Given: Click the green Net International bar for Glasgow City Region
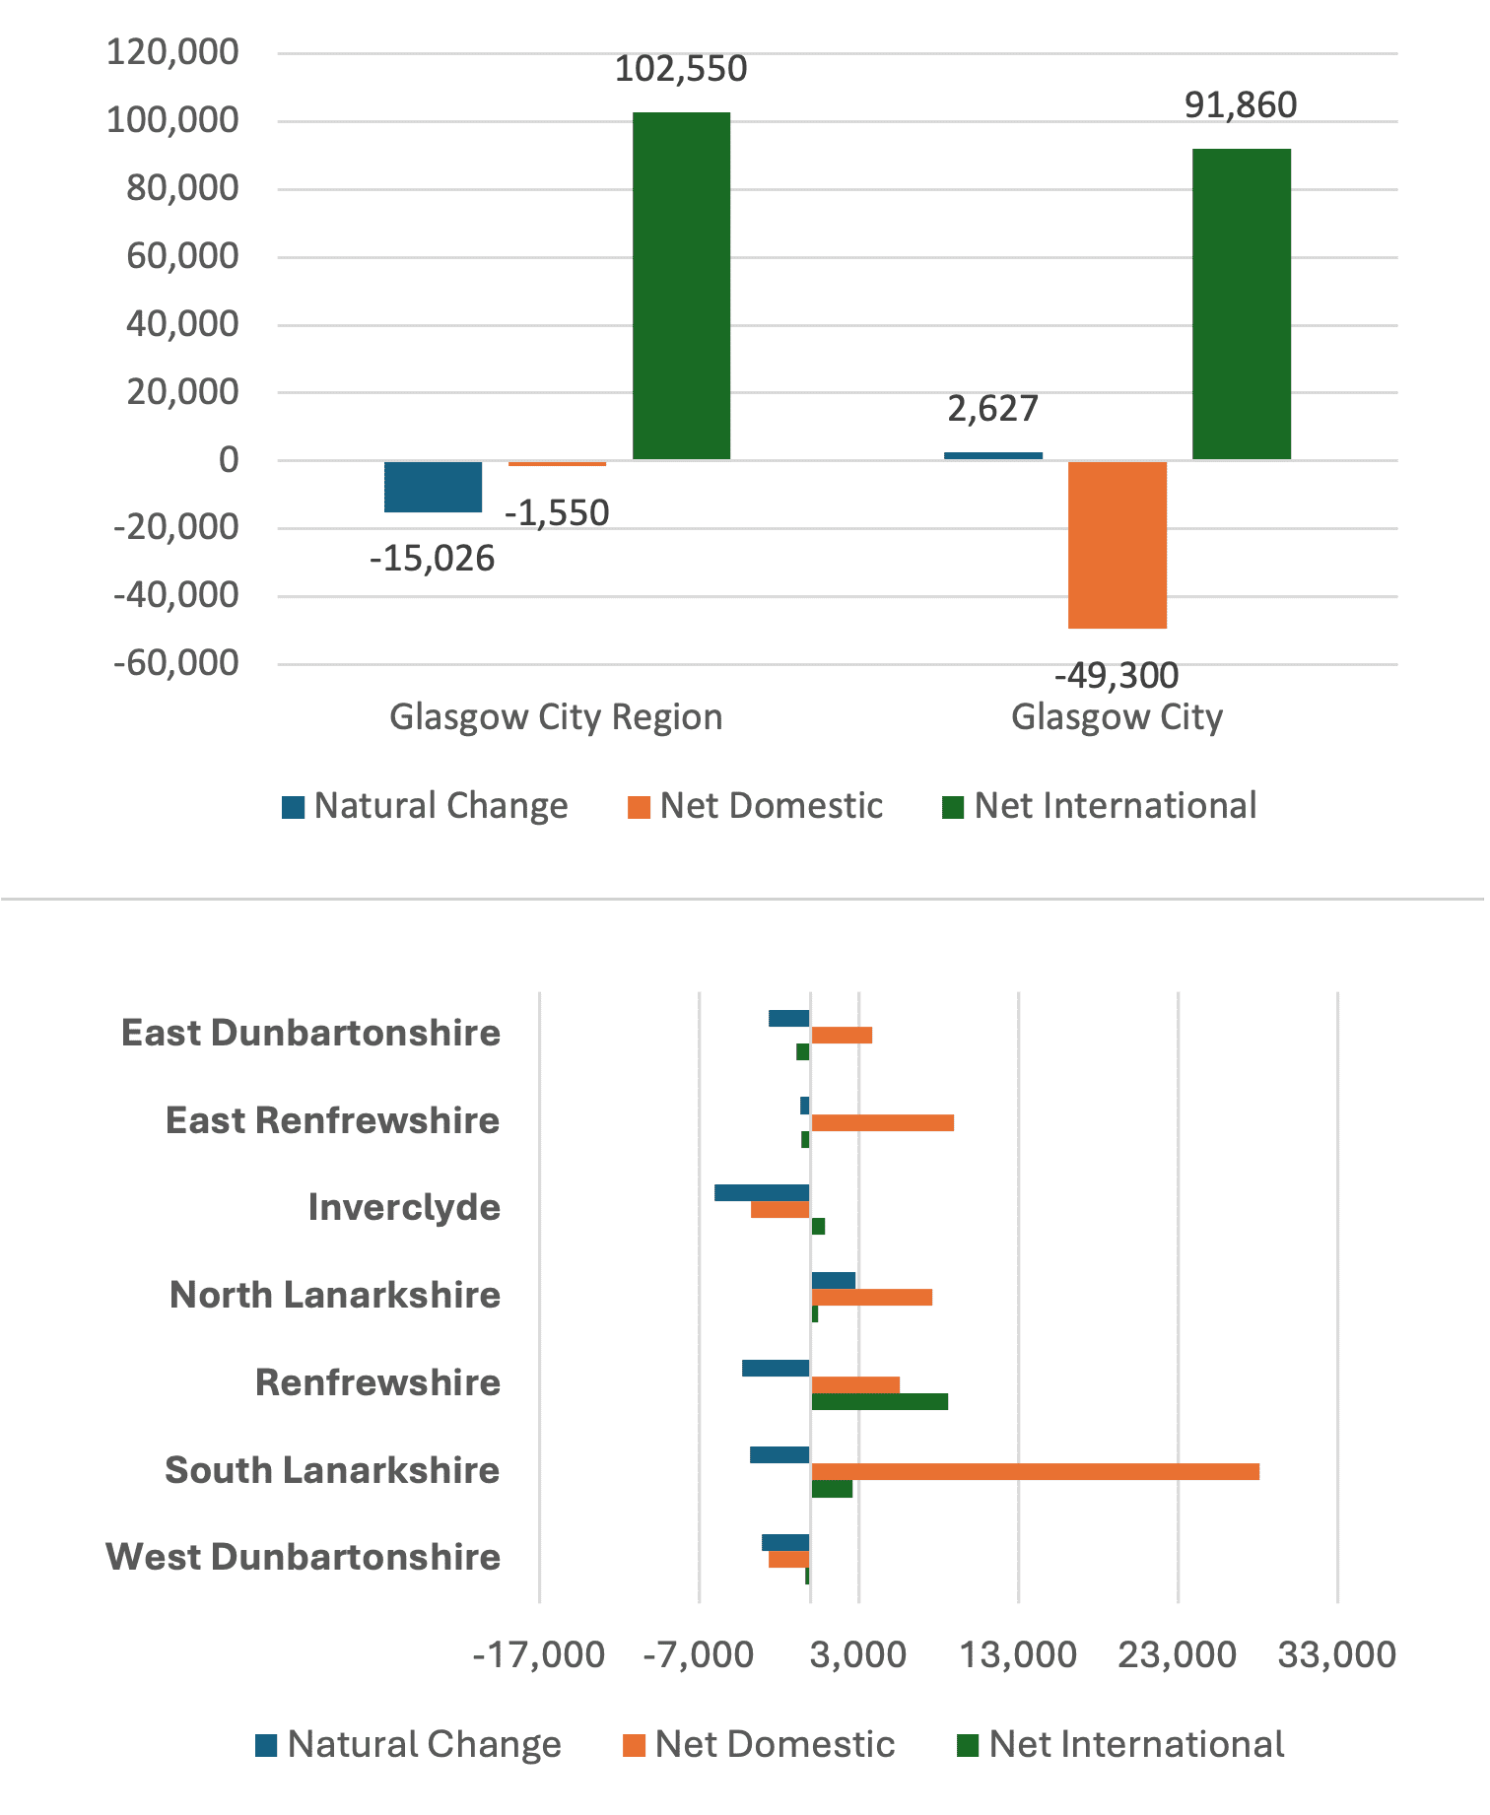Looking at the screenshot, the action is [681, 286].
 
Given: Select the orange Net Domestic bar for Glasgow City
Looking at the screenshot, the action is [1117, 545].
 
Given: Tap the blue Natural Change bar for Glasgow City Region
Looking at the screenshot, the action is [433, 487].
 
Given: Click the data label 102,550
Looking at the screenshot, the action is [681, 69].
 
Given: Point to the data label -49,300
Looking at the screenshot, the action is [1117, 676].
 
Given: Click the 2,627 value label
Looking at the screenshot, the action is [993, 408].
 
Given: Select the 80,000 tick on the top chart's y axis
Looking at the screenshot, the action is [182, 187].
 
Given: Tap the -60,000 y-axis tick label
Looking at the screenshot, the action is [176, 663].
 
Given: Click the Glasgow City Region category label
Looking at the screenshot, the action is [556, 716].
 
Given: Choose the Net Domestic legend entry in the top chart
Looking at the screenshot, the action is [755, 806].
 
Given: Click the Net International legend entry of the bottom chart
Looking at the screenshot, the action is [1120, 1744].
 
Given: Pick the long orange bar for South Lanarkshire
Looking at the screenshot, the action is [1035, 1472].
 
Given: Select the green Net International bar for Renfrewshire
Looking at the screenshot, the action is [879, 1401].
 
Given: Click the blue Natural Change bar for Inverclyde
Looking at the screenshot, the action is [762, 1192].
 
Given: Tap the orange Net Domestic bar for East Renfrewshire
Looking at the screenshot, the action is [882, 1122].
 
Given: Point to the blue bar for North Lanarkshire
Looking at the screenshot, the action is [833, 1280].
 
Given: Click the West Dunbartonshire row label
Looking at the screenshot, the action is [304, 1557].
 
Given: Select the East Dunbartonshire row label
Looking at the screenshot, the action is [311, 1033].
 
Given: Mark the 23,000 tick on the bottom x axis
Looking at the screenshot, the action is [1178, 1654].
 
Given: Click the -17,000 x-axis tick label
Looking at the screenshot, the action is [539, 1654].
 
